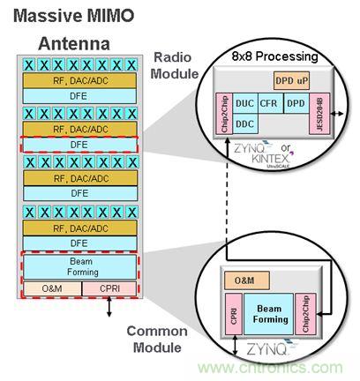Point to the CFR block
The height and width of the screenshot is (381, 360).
(x=268, y=103)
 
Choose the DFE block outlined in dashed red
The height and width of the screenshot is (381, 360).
(x=80, y=144)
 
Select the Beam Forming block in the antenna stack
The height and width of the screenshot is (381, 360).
(x=80, y=266)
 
